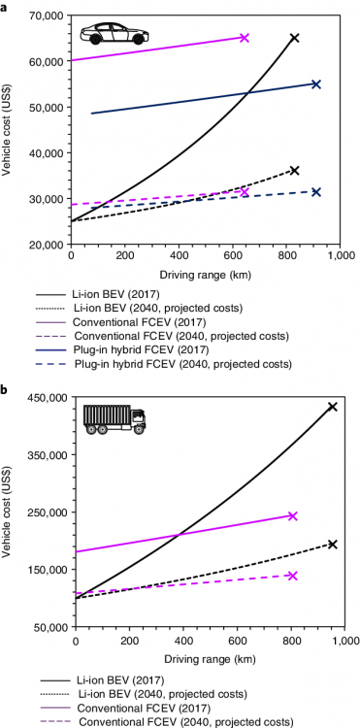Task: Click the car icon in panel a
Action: [x=105, y=34]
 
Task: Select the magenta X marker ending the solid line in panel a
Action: [x=245, y=38]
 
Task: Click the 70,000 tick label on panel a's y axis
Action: [x=43, y=16]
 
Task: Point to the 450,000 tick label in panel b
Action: [x=40, y=397]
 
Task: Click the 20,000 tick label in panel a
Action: [x=43, y=245]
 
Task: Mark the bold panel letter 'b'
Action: [x=7, y=389]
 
